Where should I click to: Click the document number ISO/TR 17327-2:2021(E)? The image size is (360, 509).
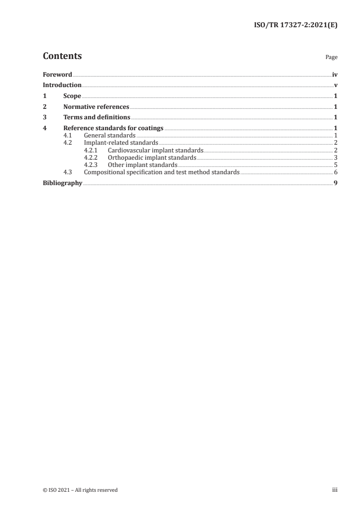click(x=294, y=25)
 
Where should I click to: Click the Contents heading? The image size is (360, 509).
click(x=62, y=56)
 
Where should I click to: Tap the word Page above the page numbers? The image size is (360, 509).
click(x=331, y=58)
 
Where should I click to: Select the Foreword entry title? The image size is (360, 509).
click(x=57, y=74)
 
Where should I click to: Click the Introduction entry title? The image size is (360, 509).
click(x=62, y=85)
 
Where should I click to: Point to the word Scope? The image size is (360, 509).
click(x=72, y=96)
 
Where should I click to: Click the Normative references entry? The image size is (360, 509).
click(x=96, y=107)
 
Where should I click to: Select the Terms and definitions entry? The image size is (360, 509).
click(x=97, y=118)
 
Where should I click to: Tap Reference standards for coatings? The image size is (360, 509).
click(x=113, y=128)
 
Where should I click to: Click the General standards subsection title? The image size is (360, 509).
click(x=110, y=136)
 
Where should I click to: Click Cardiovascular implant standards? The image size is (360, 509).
click(x=155, y=150)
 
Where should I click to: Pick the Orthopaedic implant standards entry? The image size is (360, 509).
click(x=152, y=157)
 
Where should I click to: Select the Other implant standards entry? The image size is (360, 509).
click(x=143, y=165)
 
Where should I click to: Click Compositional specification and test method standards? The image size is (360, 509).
click(x=162, y=172)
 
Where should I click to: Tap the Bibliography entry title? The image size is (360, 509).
click(x=63, y=183)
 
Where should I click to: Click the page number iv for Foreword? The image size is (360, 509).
click(x=335, y=74)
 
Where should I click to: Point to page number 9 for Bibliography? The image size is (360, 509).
click(x=335, y=183)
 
